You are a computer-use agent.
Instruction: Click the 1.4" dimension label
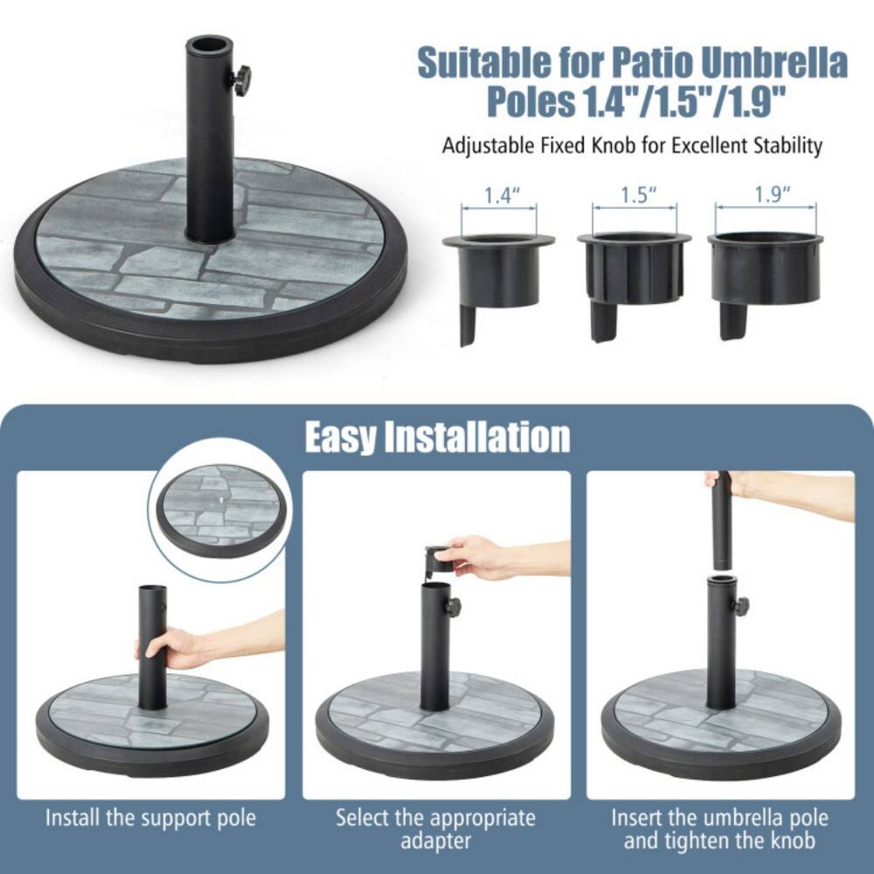(x=498, y=196)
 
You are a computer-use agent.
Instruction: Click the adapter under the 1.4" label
(x=498, y=275)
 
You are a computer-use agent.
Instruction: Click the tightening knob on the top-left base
(x=239, y=79)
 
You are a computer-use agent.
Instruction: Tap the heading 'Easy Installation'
(x=437, y=437)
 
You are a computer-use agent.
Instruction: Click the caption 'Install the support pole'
(x=151, y=818)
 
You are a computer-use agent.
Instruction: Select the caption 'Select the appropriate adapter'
(x=436, y=829)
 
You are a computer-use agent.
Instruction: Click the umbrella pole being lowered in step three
(x=721, y=520)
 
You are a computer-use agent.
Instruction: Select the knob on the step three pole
(x=740, y=606)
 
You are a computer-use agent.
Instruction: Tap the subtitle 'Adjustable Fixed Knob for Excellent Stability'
(x=632, y=145)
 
